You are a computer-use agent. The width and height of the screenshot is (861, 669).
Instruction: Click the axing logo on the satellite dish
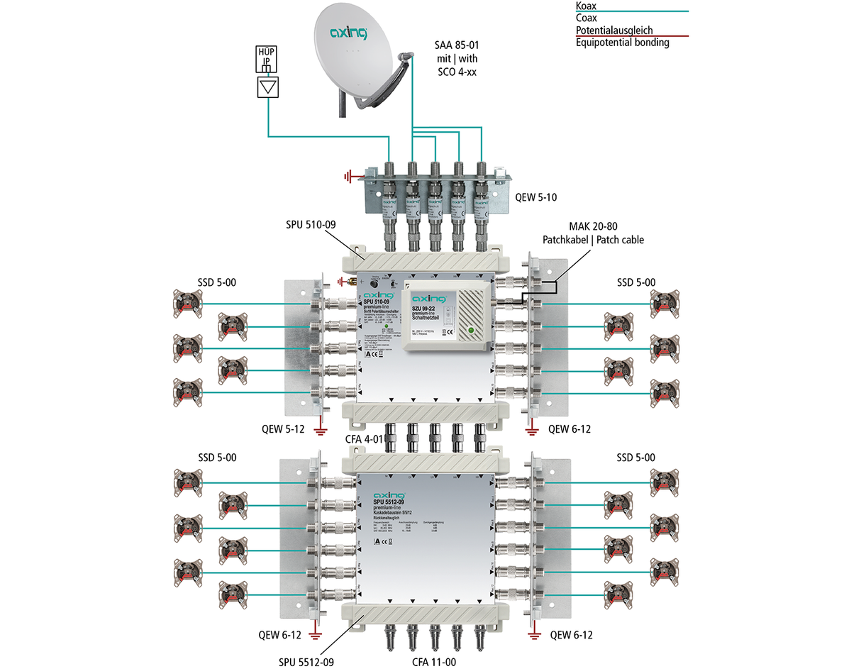(349, 32)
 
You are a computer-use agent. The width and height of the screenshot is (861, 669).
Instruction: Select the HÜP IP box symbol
(267, 61)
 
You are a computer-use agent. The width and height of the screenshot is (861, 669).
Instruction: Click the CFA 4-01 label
(364, 440)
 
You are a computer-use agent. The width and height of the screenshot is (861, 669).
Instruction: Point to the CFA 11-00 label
(433, 662)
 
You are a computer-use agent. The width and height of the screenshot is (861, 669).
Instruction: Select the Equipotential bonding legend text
(622, 43)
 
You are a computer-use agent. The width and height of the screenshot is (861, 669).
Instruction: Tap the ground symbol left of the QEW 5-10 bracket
(349, 176)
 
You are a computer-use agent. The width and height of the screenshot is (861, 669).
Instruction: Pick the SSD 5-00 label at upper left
(218, 282)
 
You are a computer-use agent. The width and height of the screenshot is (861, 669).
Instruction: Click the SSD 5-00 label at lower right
(635, 458)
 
